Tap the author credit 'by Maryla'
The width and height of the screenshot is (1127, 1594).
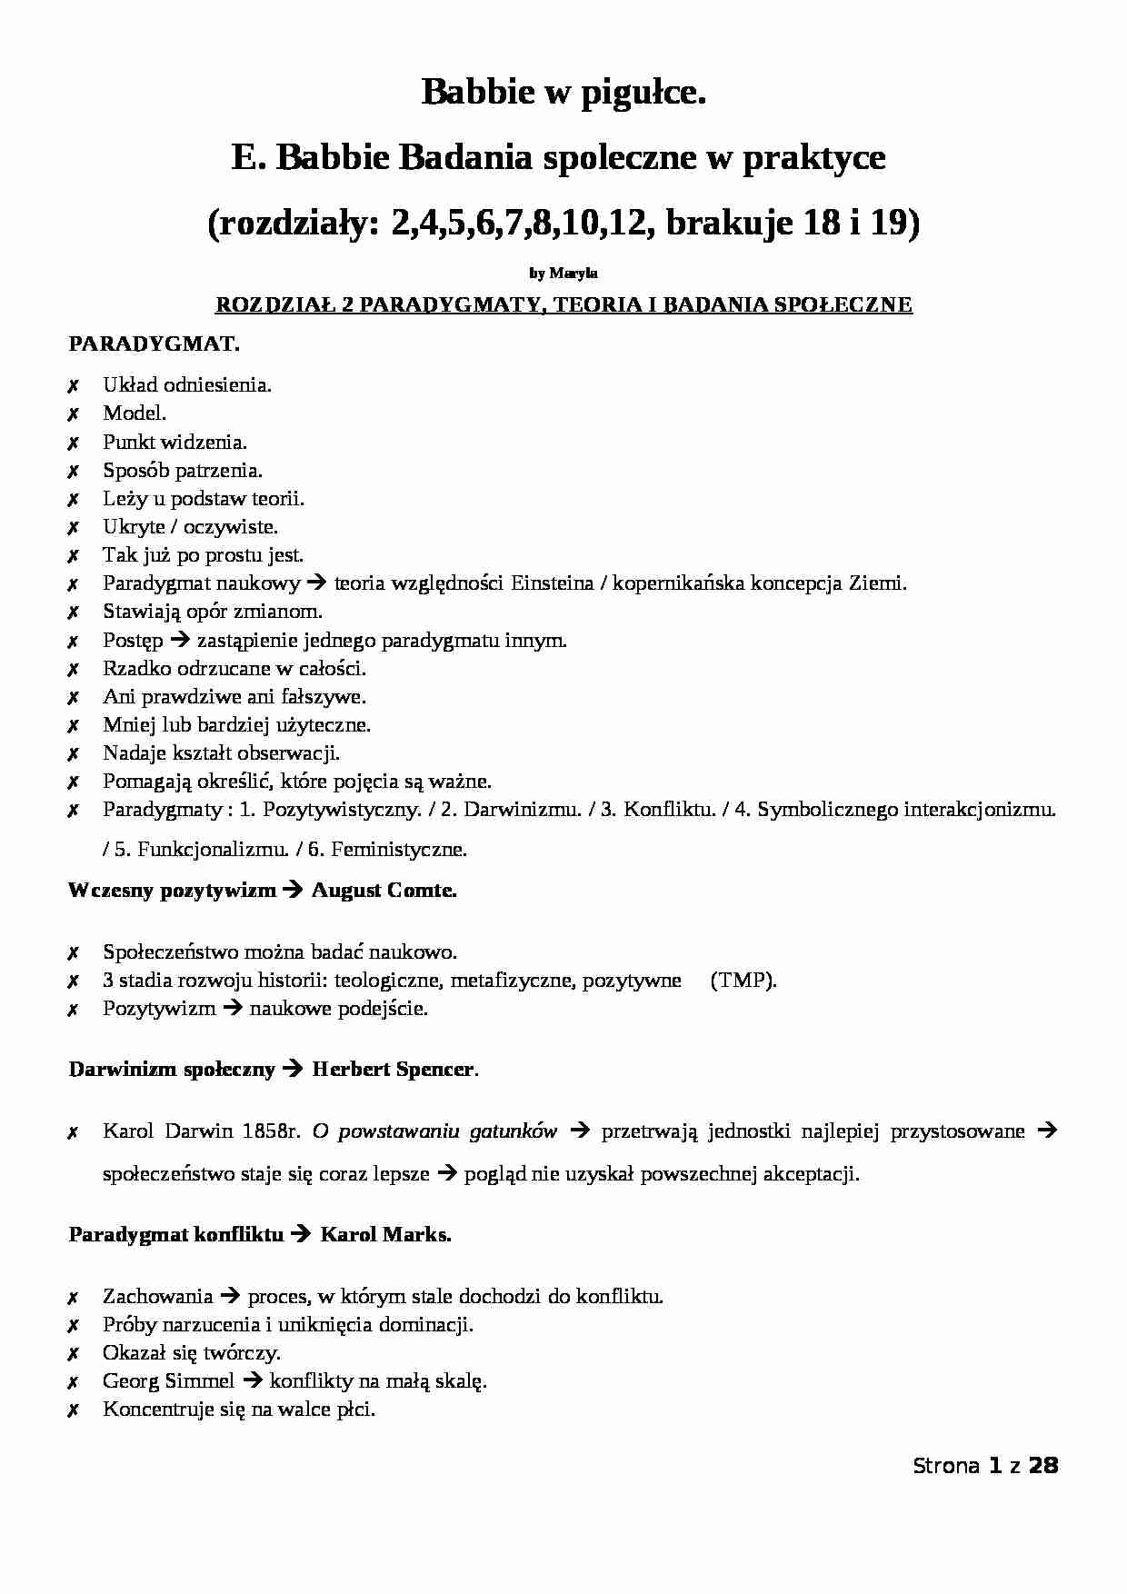[x=563, y=273]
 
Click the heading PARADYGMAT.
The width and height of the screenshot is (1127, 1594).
[x=155, y=344]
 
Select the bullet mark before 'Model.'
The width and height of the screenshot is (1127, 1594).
[x=73, y=414]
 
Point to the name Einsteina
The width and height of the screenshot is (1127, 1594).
[x=552, y=583]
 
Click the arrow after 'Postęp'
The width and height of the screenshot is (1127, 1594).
[x=180, y=640]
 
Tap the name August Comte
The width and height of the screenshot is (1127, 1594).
[x=384, y=891]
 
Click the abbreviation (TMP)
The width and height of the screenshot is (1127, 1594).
[x=743, y=981]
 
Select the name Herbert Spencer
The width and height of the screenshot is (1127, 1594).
[x=394, y=1070]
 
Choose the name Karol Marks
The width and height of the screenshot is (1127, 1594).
[x=385, y=1235]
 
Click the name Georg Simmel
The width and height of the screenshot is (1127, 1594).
[x=169, y=1381]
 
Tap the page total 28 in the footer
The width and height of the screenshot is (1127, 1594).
[x=1043, y=1466]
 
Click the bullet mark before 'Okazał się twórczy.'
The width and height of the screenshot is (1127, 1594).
[x=73, y=1354]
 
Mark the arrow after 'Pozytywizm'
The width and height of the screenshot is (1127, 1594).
[x=233, y=1009]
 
